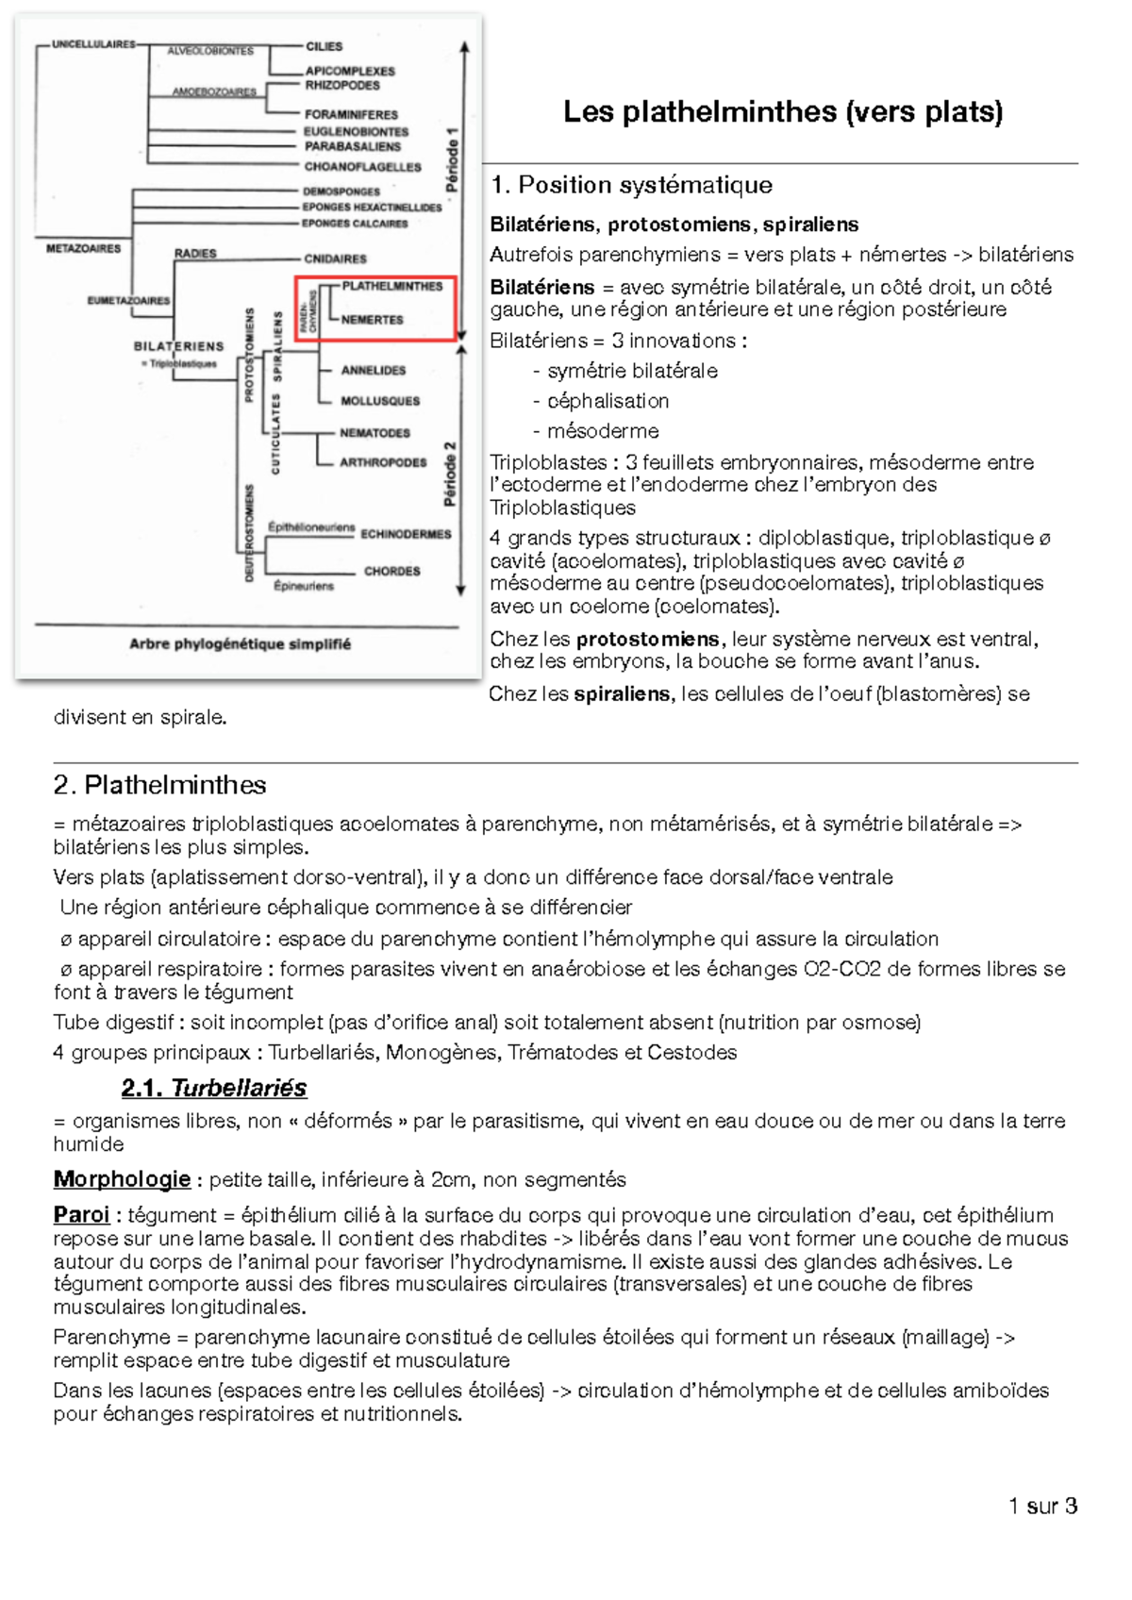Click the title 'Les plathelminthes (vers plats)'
(782, 112)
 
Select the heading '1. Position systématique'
(631, 185)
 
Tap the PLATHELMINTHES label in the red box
(391, 286)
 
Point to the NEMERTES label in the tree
(372, 320)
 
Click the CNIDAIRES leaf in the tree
(335, 258)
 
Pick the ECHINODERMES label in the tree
(406, 534)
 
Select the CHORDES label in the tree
(391, 571)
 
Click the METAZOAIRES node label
(83, 249)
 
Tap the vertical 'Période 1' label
(452, 159)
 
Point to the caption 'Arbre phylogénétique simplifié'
(240, 644)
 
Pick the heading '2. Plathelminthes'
(159, 785)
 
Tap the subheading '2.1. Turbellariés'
(214, 1088)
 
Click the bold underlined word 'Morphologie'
(122, 1179)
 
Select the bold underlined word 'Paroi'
(81, 1215)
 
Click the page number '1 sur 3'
(1042, 1506)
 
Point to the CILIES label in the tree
(324, 46)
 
